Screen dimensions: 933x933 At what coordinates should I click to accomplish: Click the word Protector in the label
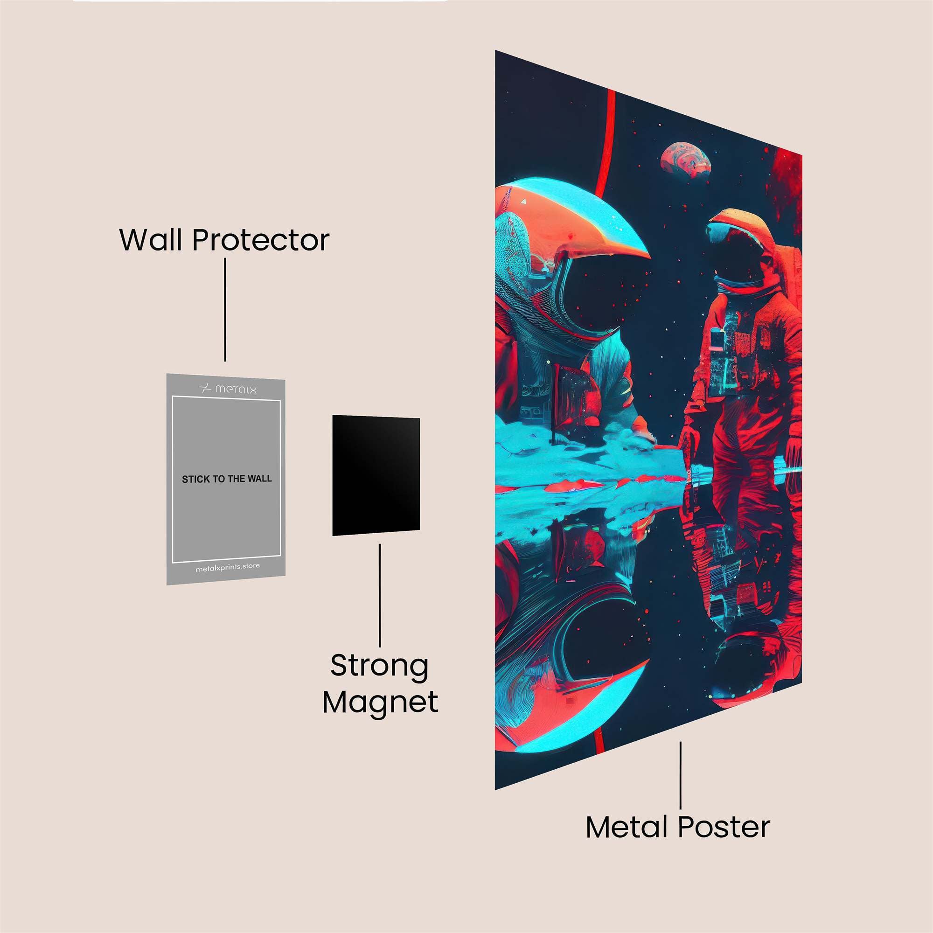(x=261, y=240)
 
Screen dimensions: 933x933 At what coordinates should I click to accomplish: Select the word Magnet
(x=381, y=703)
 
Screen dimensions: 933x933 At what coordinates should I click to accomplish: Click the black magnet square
(x=376, y=476)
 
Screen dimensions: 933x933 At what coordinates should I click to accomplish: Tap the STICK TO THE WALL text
(x=227, y=479)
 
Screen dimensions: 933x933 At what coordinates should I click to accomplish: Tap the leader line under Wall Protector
(x=225, y=310)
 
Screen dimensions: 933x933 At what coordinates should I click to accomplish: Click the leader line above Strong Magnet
(x=380, y=595)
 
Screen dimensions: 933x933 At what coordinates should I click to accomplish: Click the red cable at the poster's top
(x=607, y=140)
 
